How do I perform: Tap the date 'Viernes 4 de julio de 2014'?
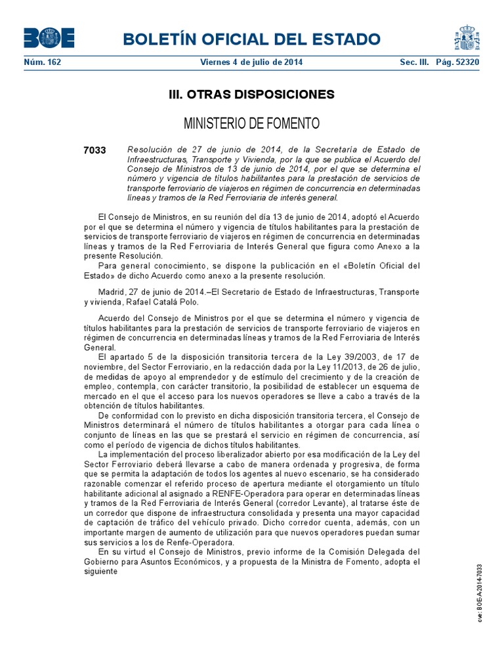pos(251,62)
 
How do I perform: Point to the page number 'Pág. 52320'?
pos(456,62)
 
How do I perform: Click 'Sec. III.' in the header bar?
pos(415,62)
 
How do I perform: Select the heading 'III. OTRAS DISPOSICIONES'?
pos(251,94)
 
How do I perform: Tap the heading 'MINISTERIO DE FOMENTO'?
pos(251,123)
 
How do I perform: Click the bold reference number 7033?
pos(94,150)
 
